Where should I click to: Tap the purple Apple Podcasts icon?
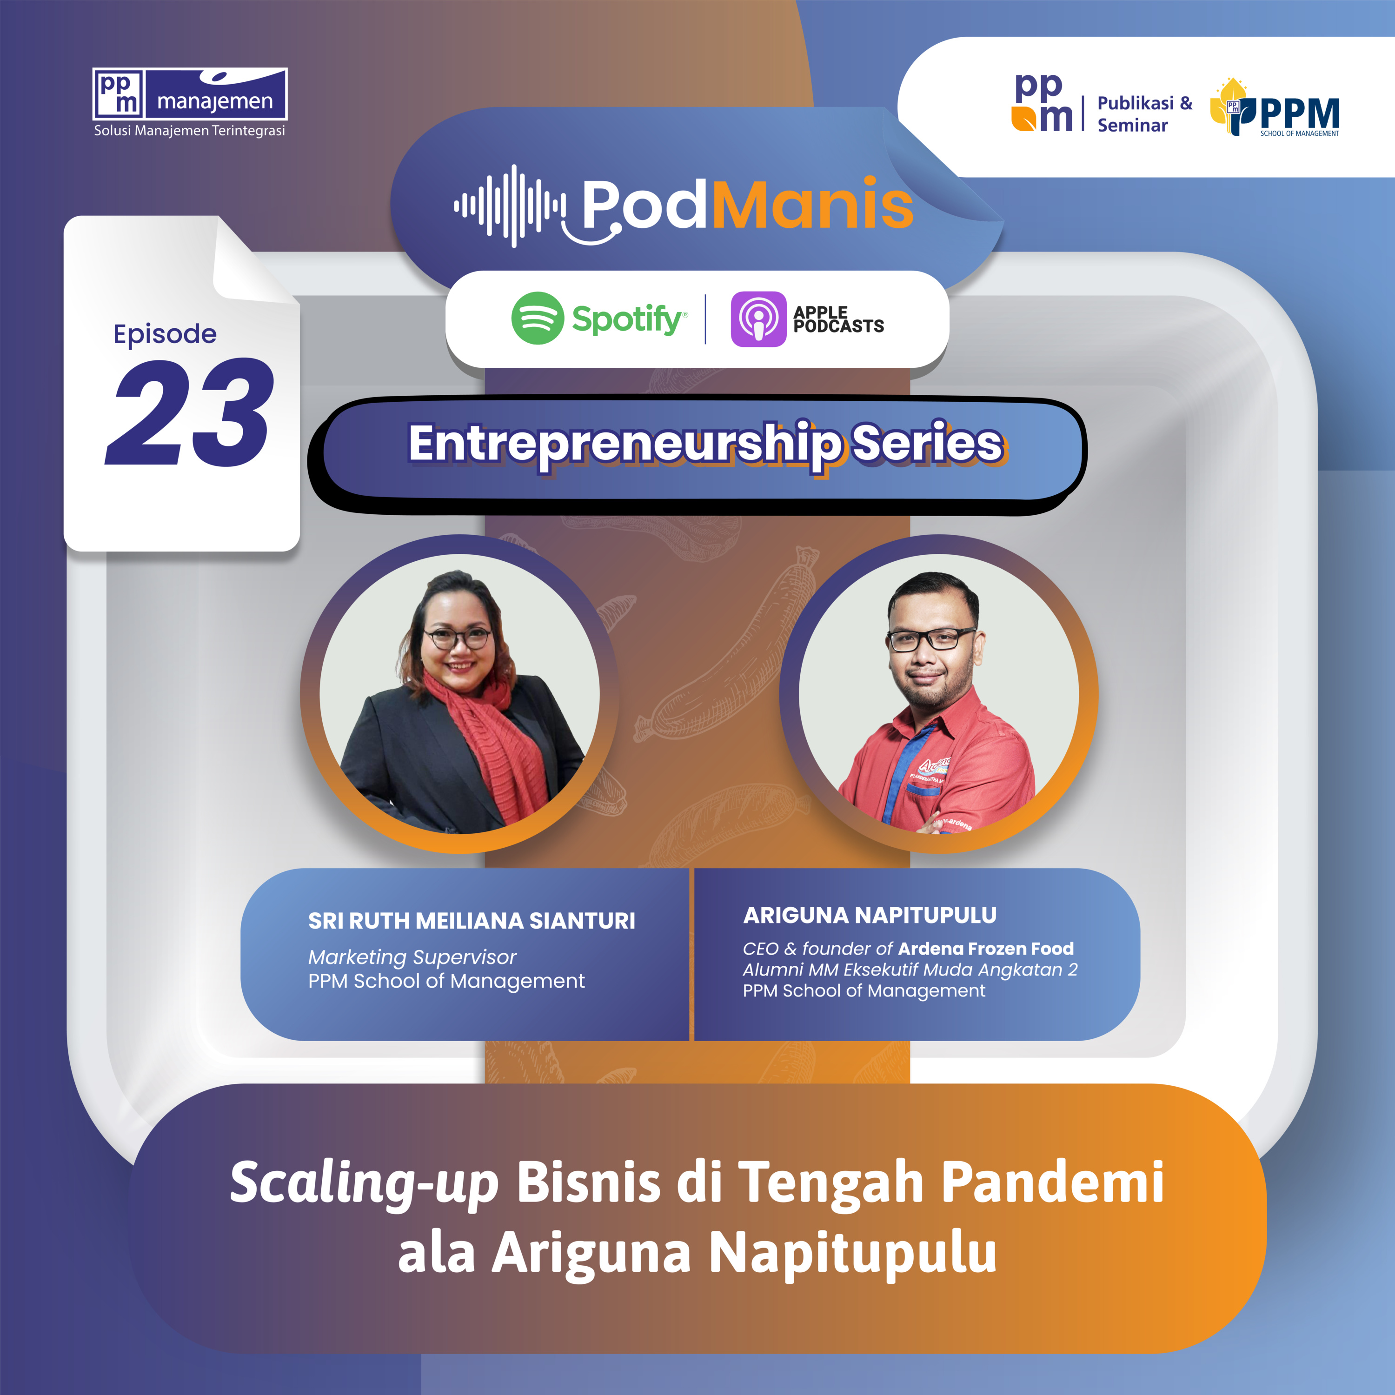[758, 319]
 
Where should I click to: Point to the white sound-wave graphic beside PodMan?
[510, 206]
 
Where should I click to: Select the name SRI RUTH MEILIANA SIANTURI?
[472, 921]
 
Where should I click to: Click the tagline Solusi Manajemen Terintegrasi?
[189, 131]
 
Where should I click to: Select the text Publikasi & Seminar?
[1144, 114]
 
